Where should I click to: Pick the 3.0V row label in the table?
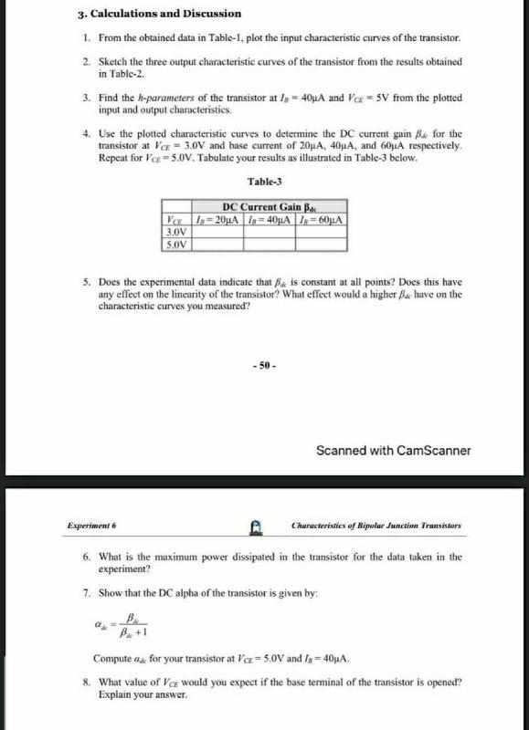(x=174, y=232)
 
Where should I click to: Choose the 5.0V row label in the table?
(x=174, y=244)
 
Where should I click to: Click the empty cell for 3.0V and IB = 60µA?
(x=321, y=232)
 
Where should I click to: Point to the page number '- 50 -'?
(x=265, y=366)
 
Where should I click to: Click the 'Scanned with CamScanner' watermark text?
(x=393, y=450)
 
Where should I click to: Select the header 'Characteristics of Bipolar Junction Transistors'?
(x=376, y=527)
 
